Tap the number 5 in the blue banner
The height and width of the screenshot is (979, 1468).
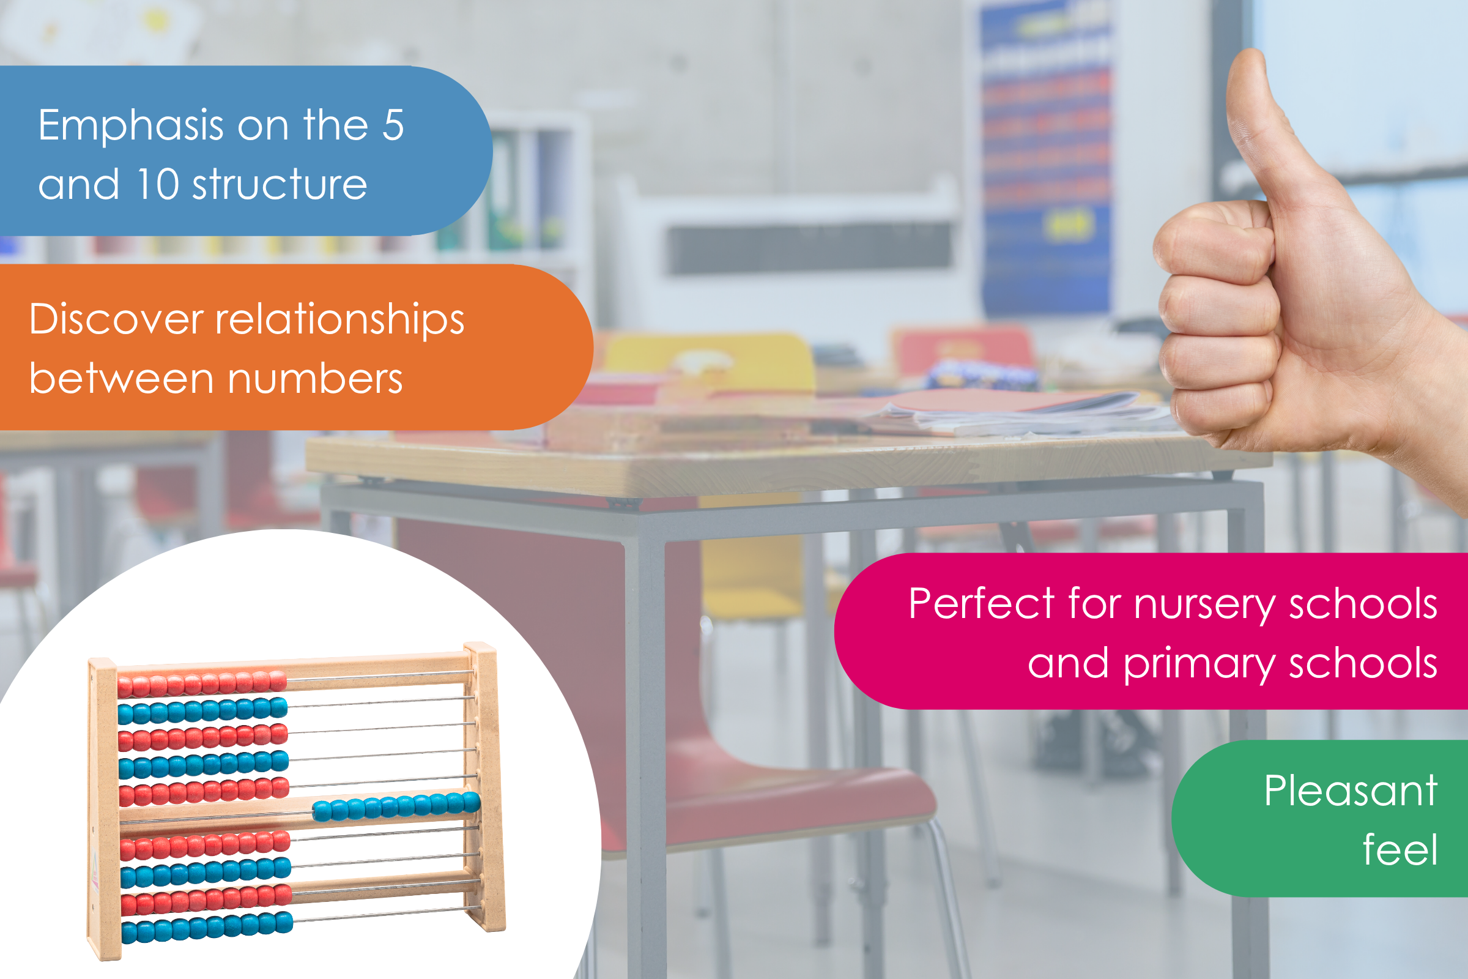[393, 125]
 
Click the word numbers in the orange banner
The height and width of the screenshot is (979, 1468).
[315, 379]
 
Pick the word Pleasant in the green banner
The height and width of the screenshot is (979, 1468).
[1351, 791]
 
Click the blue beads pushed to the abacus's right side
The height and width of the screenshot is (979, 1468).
[396, 806]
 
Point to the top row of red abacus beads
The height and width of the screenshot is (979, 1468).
[202, 683]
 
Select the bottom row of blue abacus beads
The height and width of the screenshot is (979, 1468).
[207, 927]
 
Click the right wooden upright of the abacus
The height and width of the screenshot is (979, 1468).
[485, 787]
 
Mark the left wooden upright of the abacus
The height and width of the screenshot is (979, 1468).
[103, 809]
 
